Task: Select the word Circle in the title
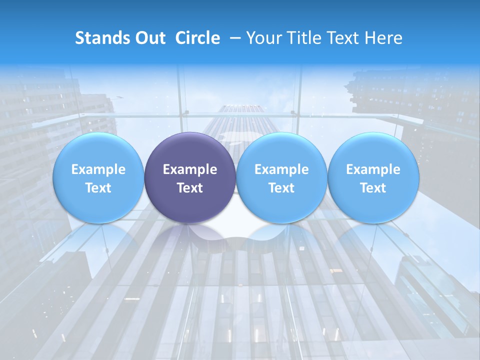coord(197,38)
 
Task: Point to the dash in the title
coord(233,38)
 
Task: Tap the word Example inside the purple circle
coord(190,169)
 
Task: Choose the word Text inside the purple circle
coord(190,188)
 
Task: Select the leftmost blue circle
coord(98,205)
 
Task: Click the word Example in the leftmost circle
coord(98,169)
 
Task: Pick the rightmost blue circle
coord(373,205)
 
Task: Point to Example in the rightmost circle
coord(373,169)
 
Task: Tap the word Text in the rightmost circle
coord(373,188)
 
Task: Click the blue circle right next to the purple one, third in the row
coord(281,205)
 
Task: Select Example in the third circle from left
coord(281,169)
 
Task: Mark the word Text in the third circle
coord(281,188)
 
